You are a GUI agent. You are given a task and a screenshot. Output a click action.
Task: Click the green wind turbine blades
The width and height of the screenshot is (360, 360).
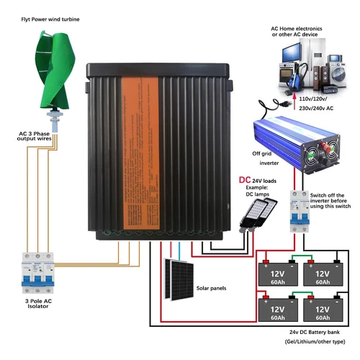click(53, 68)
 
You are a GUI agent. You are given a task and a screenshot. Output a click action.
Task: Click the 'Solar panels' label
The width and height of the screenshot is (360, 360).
click(211, 288)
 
